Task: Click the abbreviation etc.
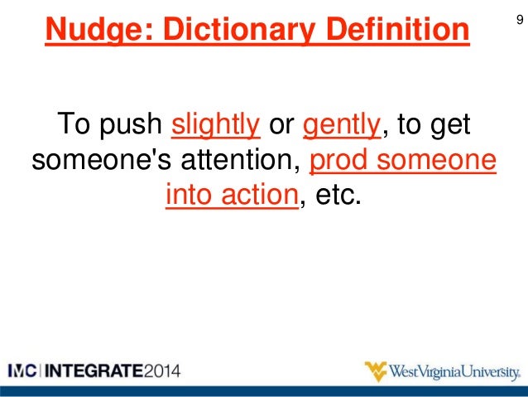[339, 196]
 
